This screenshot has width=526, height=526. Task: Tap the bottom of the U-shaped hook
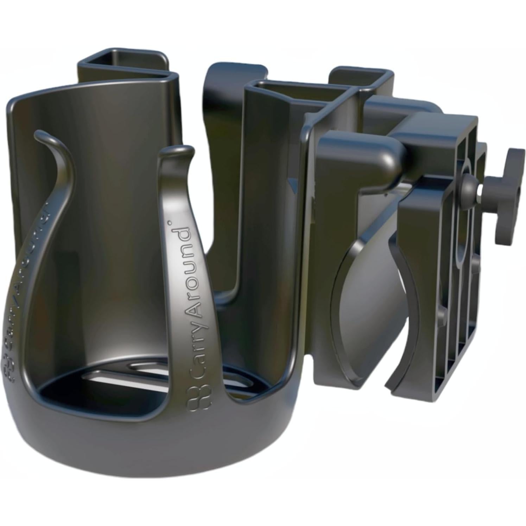tap(229, 292)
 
